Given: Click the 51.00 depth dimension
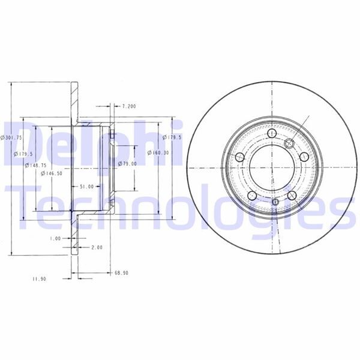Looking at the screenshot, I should click(x=87, y=187).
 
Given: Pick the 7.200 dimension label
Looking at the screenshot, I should click(x=129, y=106).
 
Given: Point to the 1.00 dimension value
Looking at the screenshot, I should click(x=55, y=238).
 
